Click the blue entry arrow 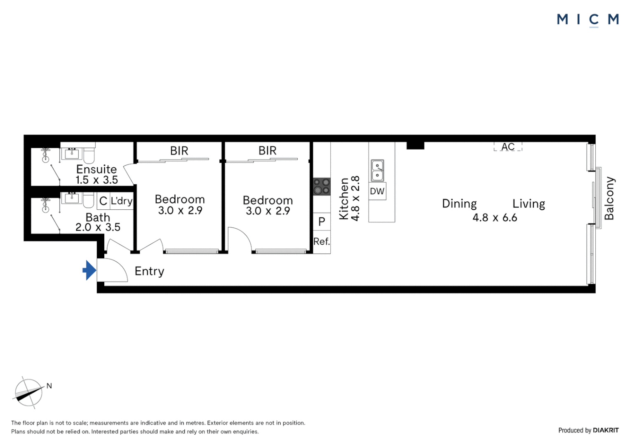89,270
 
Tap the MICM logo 588,19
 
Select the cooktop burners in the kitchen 322,186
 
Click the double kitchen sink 377,171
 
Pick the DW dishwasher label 377,192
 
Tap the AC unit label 508,147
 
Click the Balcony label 609,198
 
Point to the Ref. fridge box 322,242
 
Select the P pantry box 322,222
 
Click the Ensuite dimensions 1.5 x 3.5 96,180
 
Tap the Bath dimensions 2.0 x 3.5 98,227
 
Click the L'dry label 122,201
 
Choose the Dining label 459,204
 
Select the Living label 529,204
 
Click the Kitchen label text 343,199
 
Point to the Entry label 149,271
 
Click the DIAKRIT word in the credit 606,430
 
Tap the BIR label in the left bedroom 179,151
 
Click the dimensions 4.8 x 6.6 495,218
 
